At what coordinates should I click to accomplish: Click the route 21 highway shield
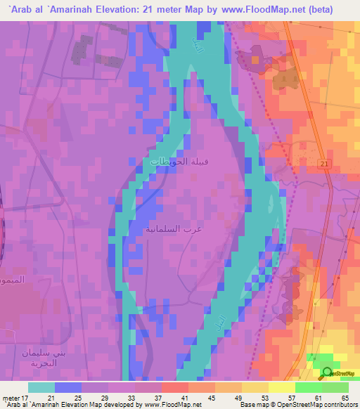point(323,163)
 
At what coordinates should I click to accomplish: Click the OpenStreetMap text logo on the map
point(341,374)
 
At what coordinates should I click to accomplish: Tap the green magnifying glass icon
point(327,373)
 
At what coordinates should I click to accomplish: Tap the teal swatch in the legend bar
point(41,387)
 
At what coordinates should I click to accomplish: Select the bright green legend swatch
point(308,387)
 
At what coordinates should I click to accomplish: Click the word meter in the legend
point(10,397)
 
